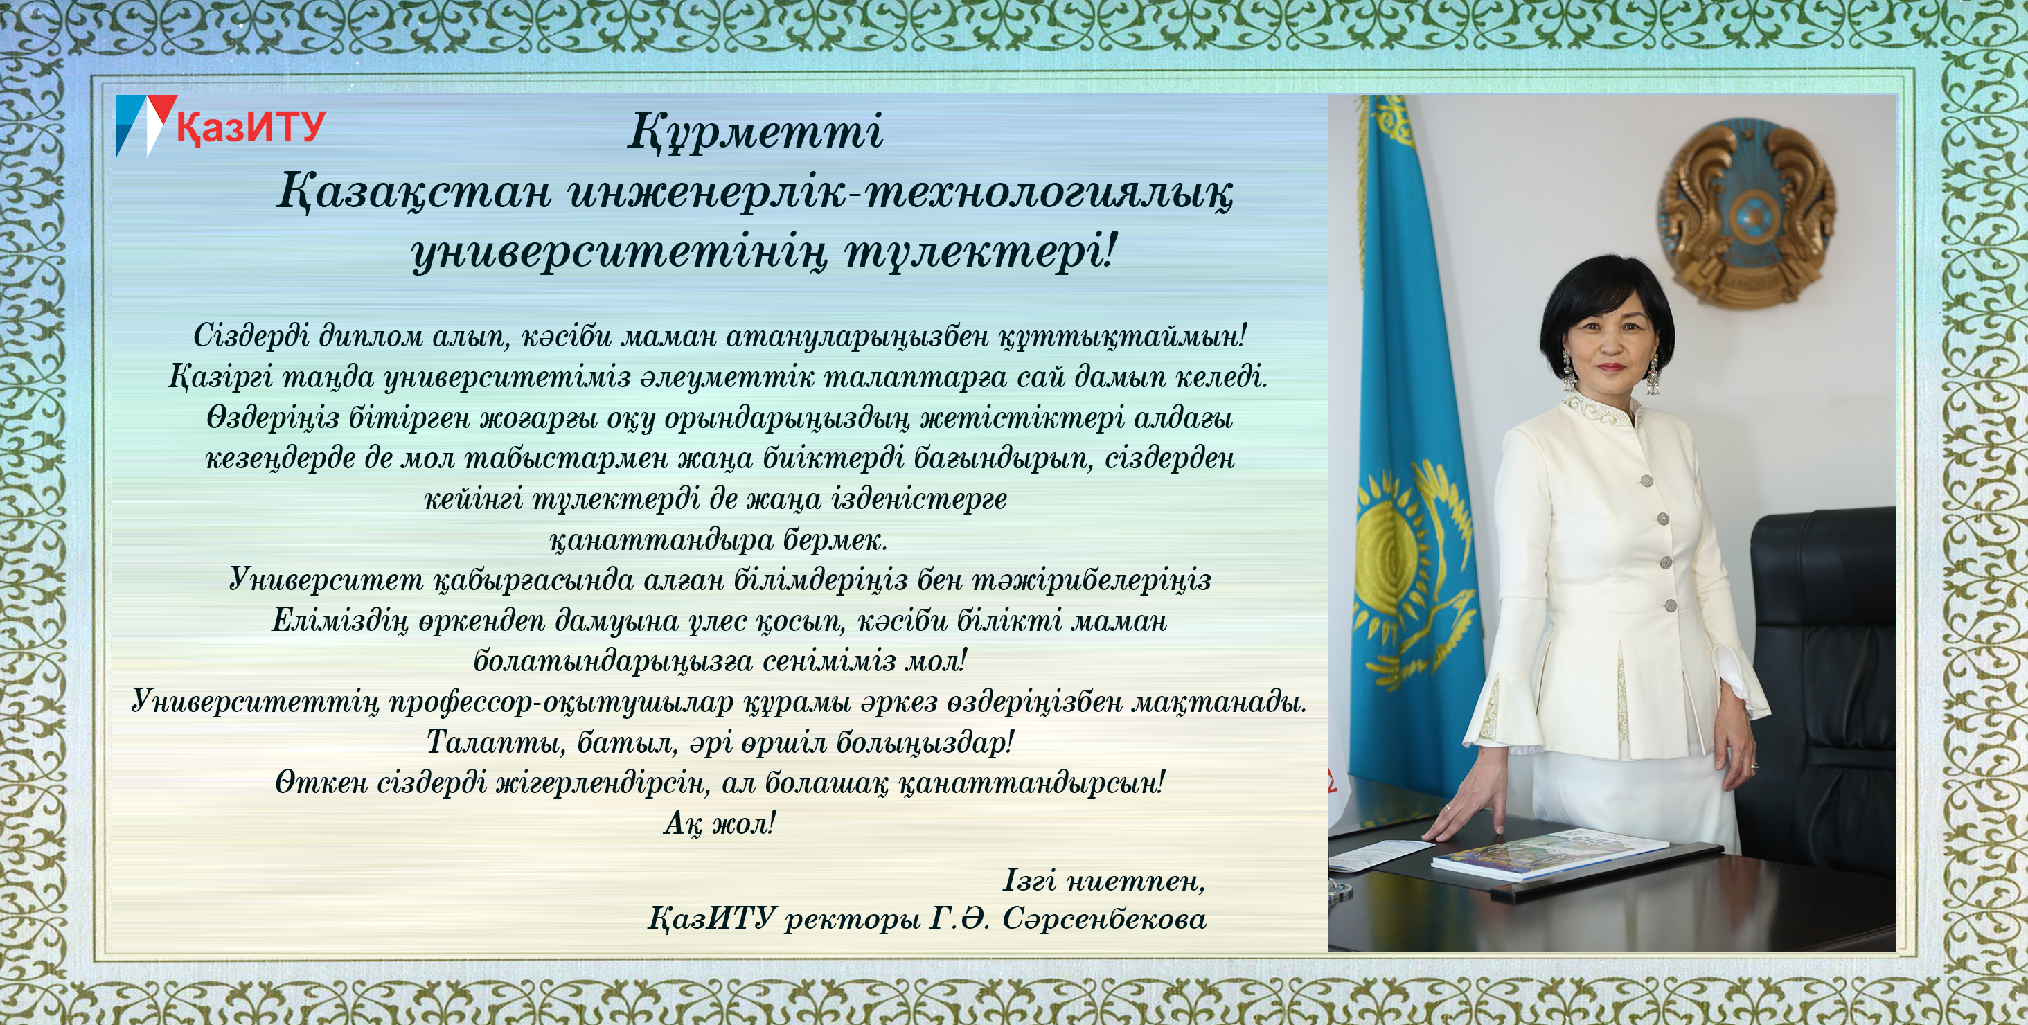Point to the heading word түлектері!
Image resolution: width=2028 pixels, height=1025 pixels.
point(981,253)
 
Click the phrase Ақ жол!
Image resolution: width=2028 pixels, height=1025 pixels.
point(720,823)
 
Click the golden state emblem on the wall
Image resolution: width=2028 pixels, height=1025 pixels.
point(1747,211)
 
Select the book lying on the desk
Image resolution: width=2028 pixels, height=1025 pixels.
point(1549,853)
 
